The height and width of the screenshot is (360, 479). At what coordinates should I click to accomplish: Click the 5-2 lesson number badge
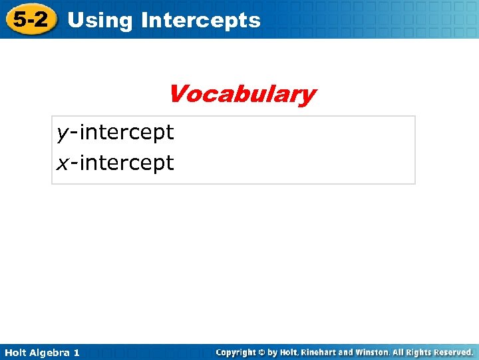click(x=31, y=19)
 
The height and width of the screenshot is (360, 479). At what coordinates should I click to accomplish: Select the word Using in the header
click(x=100, y=20)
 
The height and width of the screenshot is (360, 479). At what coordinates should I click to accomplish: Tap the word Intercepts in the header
click(x=201, y=20)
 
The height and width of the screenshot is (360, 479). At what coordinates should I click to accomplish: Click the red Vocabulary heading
click(x=241, y=94)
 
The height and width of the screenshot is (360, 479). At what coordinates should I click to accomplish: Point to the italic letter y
click(x=62, y=133)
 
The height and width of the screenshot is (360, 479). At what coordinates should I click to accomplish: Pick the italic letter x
click(x=62, y=163)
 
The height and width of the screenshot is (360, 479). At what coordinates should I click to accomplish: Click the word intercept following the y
click(x=126, y=133)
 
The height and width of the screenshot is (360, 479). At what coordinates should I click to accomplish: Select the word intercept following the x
click(x=126, y=163)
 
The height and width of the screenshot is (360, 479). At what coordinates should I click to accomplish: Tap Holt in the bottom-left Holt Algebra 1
click(x=16, y=352)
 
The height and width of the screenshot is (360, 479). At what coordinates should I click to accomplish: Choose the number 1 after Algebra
click(x=76, y=352)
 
